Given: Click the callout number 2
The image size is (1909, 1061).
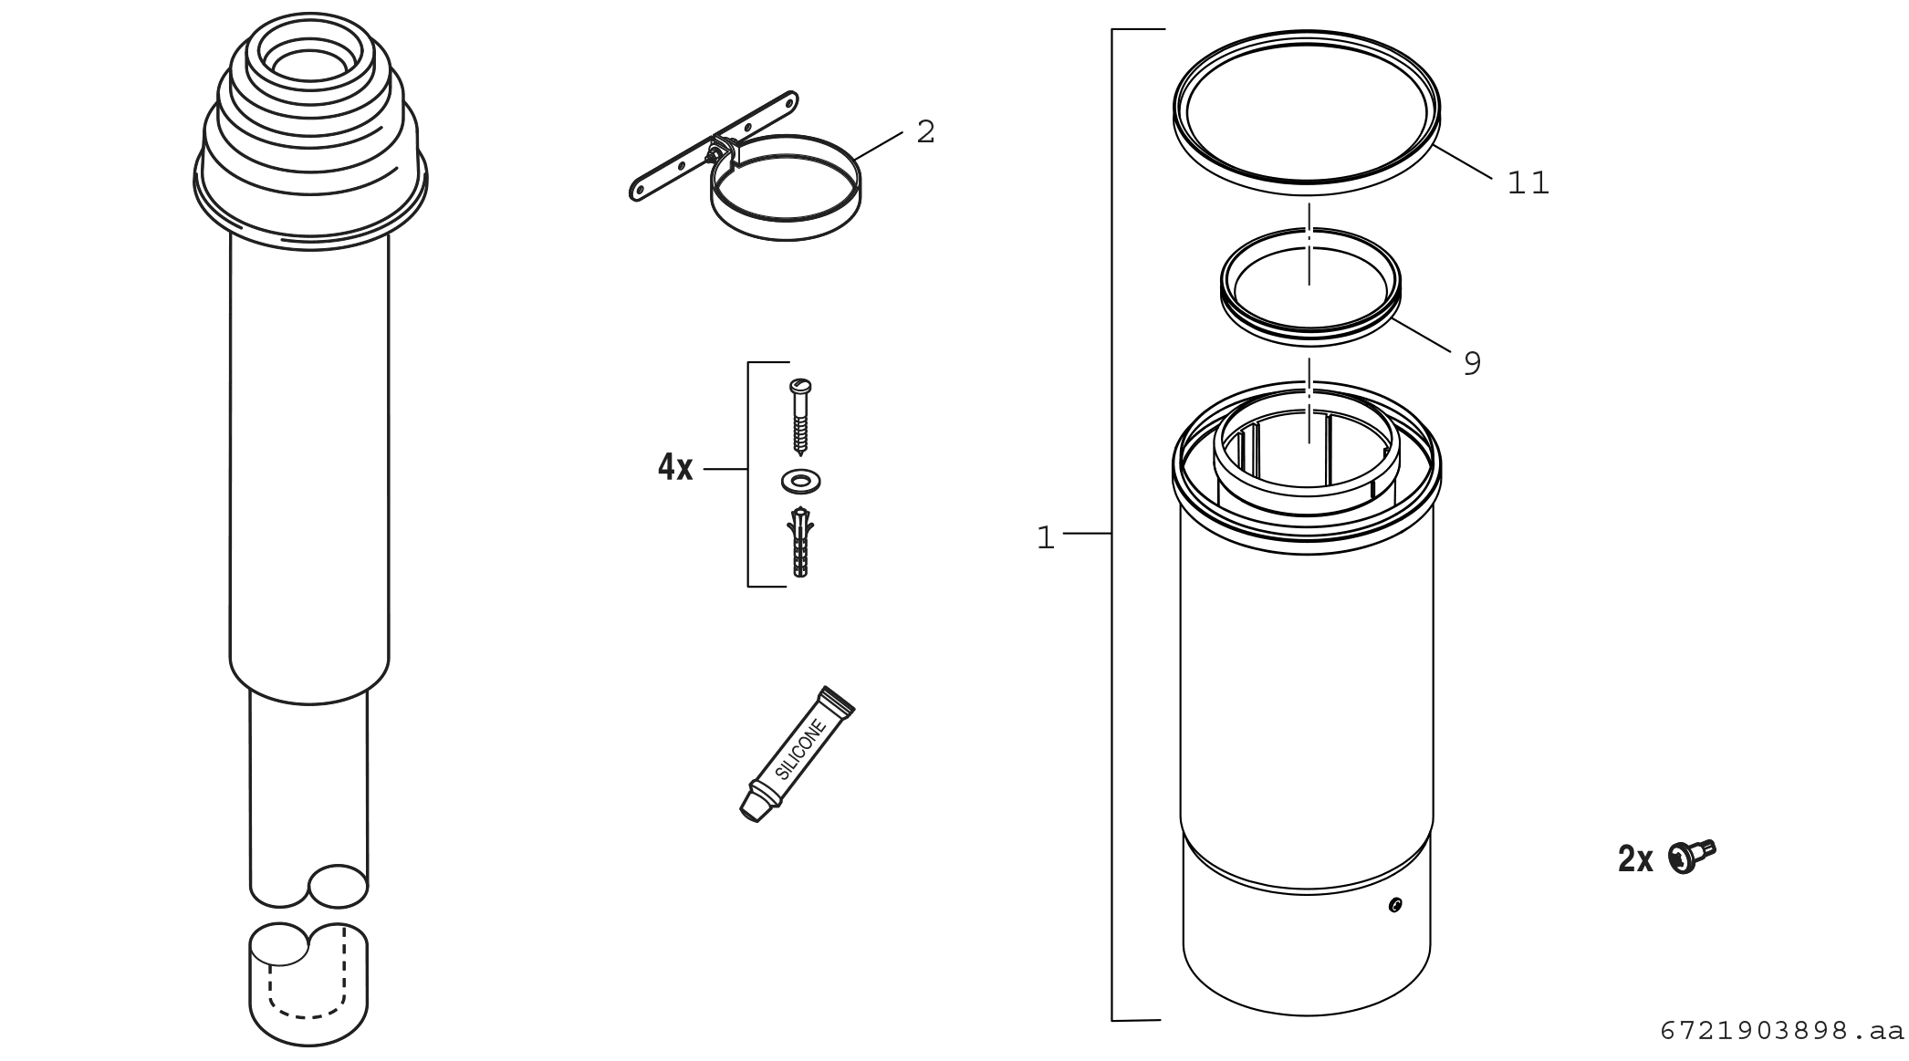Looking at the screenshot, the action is pos(925,132).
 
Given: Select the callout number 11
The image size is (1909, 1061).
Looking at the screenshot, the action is pos(1528,183).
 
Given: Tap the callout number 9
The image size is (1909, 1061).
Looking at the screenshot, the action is pos(1472,364).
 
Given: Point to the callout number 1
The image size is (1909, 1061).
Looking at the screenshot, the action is pos(1046,538).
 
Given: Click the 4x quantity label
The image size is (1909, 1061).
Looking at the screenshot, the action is pos(675,468).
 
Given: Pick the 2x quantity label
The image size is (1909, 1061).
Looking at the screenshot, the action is pos(1635,859).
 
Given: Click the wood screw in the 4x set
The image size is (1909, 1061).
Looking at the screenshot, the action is pos(800,417).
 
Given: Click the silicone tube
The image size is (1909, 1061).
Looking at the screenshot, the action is pos(796,754).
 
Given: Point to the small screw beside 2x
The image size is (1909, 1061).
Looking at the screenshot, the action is pos(1692,856).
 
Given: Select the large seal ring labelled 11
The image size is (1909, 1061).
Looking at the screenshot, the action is pos(1307,111).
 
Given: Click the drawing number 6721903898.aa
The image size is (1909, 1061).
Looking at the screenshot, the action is pos(1782,1032).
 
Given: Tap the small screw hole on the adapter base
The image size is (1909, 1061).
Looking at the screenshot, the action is pos(1394,905).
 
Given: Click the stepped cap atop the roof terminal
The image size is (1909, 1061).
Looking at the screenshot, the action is pos(310,128).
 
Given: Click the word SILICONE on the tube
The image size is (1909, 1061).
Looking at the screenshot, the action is pos(801,749).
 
